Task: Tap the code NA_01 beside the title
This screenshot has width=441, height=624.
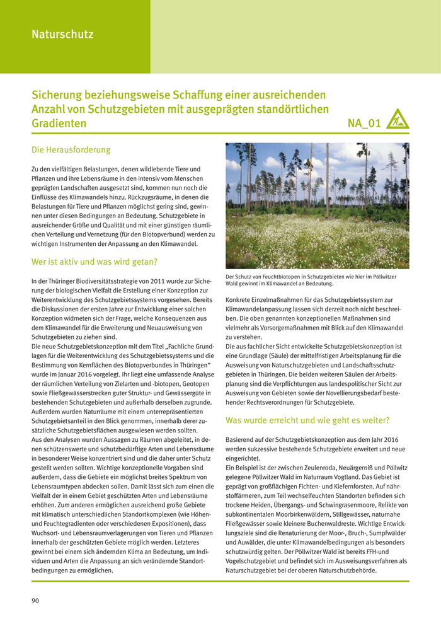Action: pos(364,124)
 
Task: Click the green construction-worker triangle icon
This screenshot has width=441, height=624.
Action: pos(397,119)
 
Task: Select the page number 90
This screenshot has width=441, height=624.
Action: pos(35,601)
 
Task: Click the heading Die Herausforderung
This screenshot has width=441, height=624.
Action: pos(71,150)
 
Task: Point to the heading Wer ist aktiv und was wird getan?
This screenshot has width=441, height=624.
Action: pos(94,262)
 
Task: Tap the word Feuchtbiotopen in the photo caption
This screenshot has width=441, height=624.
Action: pos(277,277)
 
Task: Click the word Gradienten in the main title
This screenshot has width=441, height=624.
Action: pos(59,124)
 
